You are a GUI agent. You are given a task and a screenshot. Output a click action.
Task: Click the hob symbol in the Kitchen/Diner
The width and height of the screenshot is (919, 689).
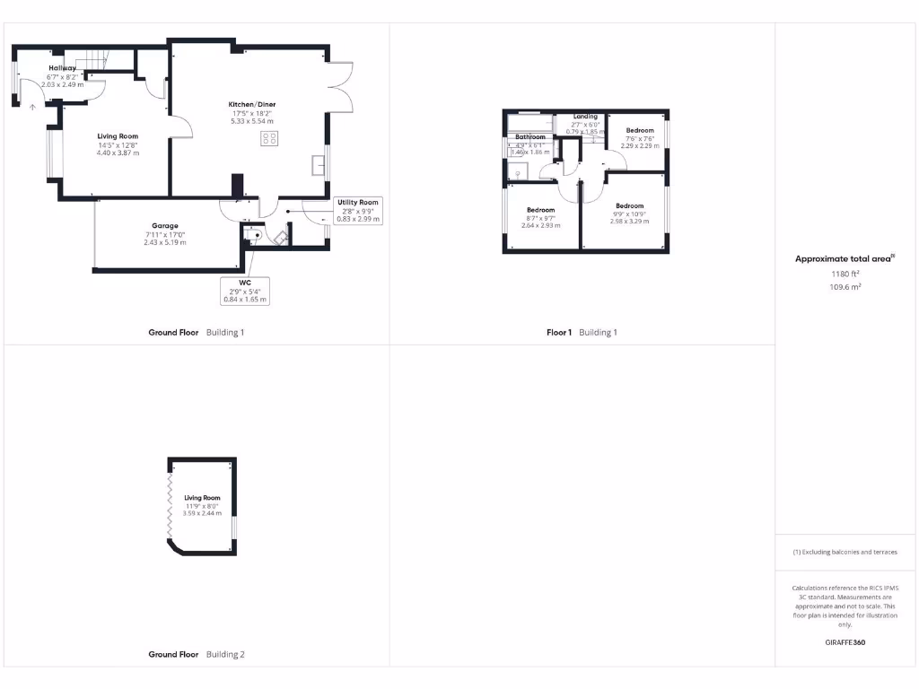pyautogui.click(x=269, y=137)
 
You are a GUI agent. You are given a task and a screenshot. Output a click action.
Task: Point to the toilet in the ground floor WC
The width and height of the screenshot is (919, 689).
pyautogui.click(x=252, y=236)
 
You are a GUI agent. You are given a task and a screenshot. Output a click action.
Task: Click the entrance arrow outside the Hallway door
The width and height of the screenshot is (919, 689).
pyautogui.click(x=33, y=106)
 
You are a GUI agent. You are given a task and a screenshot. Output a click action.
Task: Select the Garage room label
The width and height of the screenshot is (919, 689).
pyautogui.click(x=164, y=226)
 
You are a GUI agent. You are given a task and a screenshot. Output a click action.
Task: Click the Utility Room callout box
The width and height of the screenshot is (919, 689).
pyautogui.click(x=358, y=210)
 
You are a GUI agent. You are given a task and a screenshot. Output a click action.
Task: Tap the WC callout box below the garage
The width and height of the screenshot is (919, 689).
pyautogui.click(x=245, y=290)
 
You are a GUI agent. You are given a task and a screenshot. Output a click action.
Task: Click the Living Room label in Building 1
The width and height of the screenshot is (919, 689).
pyautogui.click(x=118, y=136)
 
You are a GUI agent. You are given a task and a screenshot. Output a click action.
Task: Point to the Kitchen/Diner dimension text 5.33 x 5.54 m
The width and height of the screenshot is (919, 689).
pyautogui.click(x=252, y=121)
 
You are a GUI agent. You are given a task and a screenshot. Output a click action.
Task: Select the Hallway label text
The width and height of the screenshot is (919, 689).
pyautogui.click(x=63, y=68)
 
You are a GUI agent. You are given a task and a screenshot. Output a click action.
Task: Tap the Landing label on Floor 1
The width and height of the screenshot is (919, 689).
pyautogui.click(x=585, y=117)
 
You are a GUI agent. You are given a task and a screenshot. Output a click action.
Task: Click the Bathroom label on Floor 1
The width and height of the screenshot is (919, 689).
pyautogui.click(x=530, y=136)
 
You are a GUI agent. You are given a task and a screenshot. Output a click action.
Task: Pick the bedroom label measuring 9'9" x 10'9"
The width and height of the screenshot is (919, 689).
pyautogui.click(x=629, y=205)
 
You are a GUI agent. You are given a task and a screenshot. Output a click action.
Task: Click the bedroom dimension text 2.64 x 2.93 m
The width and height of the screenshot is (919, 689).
pyautogui.click(x=540, y=225)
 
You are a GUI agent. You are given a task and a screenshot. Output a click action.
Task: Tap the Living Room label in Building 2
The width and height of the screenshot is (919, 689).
pyautogui.click(x=202, y=497)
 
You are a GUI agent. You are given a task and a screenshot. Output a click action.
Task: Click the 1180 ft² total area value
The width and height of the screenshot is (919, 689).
pyautogui.click(x=844, y=274)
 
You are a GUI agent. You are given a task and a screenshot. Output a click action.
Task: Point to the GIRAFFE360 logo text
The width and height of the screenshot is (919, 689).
pyautogui.click(x=844, y=642)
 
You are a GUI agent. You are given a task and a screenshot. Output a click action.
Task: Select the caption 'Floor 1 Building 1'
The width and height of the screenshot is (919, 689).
pyautogui.click(x=582, y=332)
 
